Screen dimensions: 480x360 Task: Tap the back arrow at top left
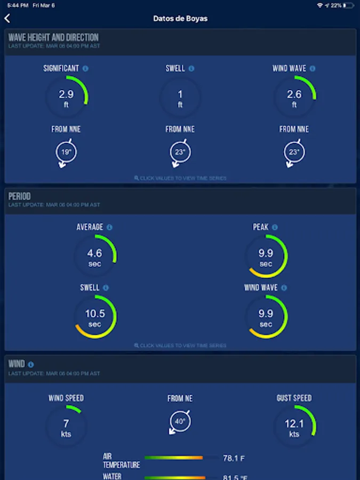(7, 19)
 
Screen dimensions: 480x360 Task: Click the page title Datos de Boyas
(180, 19)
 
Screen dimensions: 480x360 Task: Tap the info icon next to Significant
(86, 69)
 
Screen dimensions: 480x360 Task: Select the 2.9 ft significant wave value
(66, 97)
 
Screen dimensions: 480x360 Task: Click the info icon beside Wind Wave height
(313, 69)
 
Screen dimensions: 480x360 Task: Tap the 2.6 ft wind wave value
(294, 97)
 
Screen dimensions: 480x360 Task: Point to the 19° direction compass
(66, 153)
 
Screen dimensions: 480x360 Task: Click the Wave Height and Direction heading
(53, 37)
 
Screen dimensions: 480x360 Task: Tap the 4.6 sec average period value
(94, 257)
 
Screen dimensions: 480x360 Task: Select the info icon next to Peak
(275, 227)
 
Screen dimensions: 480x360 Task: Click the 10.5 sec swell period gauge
(94, 317)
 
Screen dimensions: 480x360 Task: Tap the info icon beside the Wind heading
(31, 365)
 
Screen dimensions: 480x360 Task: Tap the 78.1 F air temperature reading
(234, 458)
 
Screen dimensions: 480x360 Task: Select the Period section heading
(20, 196)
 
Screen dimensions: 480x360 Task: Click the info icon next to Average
(109, 227)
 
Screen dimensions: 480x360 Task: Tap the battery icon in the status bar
(349, 5)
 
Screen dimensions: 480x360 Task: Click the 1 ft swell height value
(180, 97)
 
